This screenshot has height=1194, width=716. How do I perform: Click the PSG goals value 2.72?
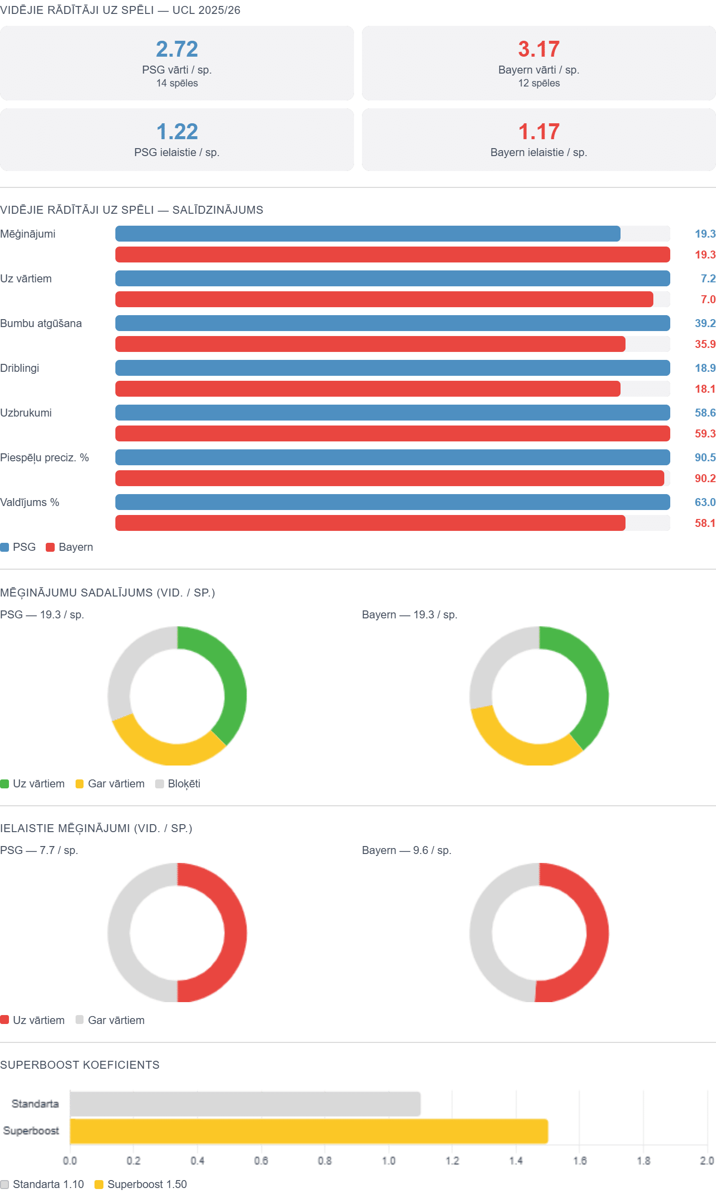177,49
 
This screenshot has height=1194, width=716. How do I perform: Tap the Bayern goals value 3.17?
539,49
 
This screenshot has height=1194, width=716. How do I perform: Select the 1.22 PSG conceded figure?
177,132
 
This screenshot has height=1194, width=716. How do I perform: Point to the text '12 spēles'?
539,84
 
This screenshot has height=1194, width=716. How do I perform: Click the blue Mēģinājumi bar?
368,234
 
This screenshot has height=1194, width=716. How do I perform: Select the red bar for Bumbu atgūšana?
370,344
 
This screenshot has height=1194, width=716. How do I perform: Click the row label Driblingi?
20,368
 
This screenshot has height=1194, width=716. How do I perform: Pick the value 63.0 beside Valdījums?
705,502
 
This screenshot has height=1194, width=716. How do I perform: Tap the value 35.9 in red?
705,344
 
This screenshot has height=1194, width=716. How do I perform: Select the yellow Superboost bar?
308,1131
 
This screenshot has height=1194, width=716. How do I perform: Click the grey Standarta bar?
246,1104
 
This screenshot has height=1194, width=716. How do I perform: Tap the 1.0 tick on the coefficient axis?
389,1161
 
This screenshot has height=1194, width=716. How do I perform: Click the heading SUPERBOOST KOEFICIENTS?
80,1065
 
